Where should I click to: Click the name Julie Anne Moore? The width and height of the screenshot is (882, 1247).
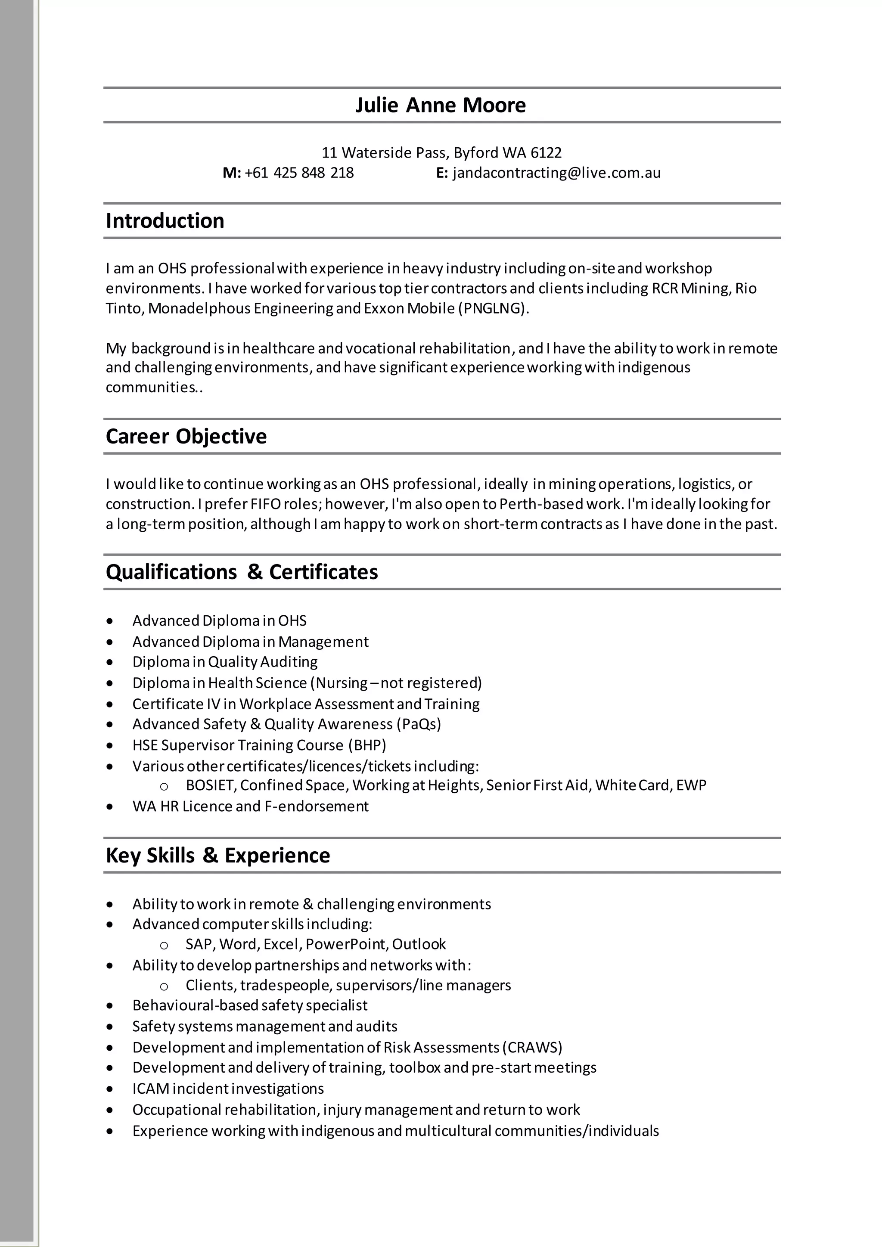click(441, 105)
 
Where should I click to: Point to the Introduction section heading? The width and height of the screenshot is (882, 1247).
click(165, 221)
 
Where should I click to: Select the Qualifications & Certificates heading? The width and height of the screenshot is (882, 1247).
click(242, 572)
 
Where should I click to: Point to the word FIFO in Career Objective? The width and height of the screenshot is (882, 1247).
click(265, 504)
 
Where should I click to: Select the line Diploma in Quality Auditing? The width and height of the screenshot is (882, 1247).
click(225, 662)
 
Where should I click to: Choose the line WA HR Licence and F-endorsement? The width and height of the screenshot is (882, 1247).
click(250, 807)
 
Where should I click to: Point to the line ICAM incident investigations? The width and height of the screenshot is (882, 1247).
click(228, 1089)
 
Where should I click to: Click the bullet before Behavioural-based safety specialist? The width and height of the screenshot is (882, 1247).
click(110, 1006)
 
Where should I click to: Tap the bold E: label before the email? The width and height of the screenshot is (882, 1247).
click(441, 173)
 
